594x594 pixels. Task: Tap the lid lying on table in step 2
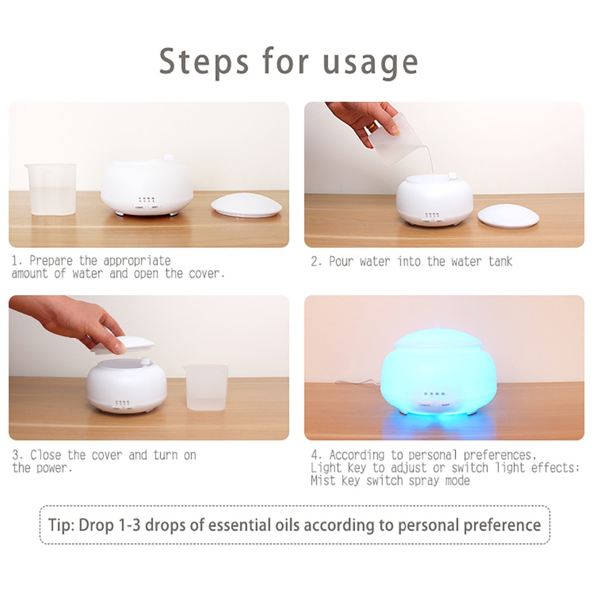(x=508, y=215)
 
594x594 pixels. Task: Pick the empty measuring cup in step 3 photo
(x=206, y=387)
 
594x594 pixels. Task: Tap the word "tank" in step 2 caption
(x=500, y=261)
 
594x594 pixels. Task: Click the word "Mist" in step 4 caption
(x=324, y=481)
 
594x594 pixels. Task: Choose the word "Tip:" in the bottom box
(x=62, y=525)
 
